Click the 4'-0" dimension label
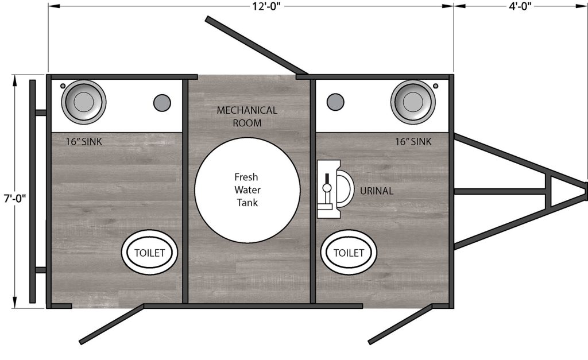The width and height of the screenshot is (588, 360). click(x=520, y=7)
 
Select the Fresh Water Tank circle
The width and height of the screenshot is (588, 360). click(x=247, y=189)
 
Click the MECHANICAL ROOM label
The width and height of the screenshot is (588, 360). click(x=247, y=116)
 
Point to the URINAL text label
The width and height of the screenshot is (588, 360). click(x=377, y=191)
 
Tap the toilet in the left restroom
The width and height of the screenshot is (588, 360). click(x=149, y=253)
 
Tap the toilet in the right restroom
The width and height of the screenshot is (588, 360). click(x=349, y=253)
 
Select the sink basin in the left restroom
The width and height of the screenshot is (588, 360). click(x=83, y=102)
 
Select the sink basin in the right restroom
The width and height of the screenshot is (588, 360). click(x=413, y=102)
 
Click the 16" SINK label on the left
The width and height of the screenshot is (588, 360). click(x=84, y=142)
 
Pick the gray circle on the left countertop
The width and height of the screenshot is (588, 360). click(x=162, y=103)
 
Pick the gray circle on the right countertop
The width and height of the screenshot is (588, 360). click(x=335, y=102)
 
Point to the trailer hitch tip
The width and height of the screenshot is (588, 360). click(x=585, y=191)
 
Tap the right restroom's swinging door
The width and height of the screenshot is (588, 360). click(x=400, y=324)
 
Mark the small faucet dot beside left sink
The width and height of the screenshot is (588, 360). click(x=63, y=86)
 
